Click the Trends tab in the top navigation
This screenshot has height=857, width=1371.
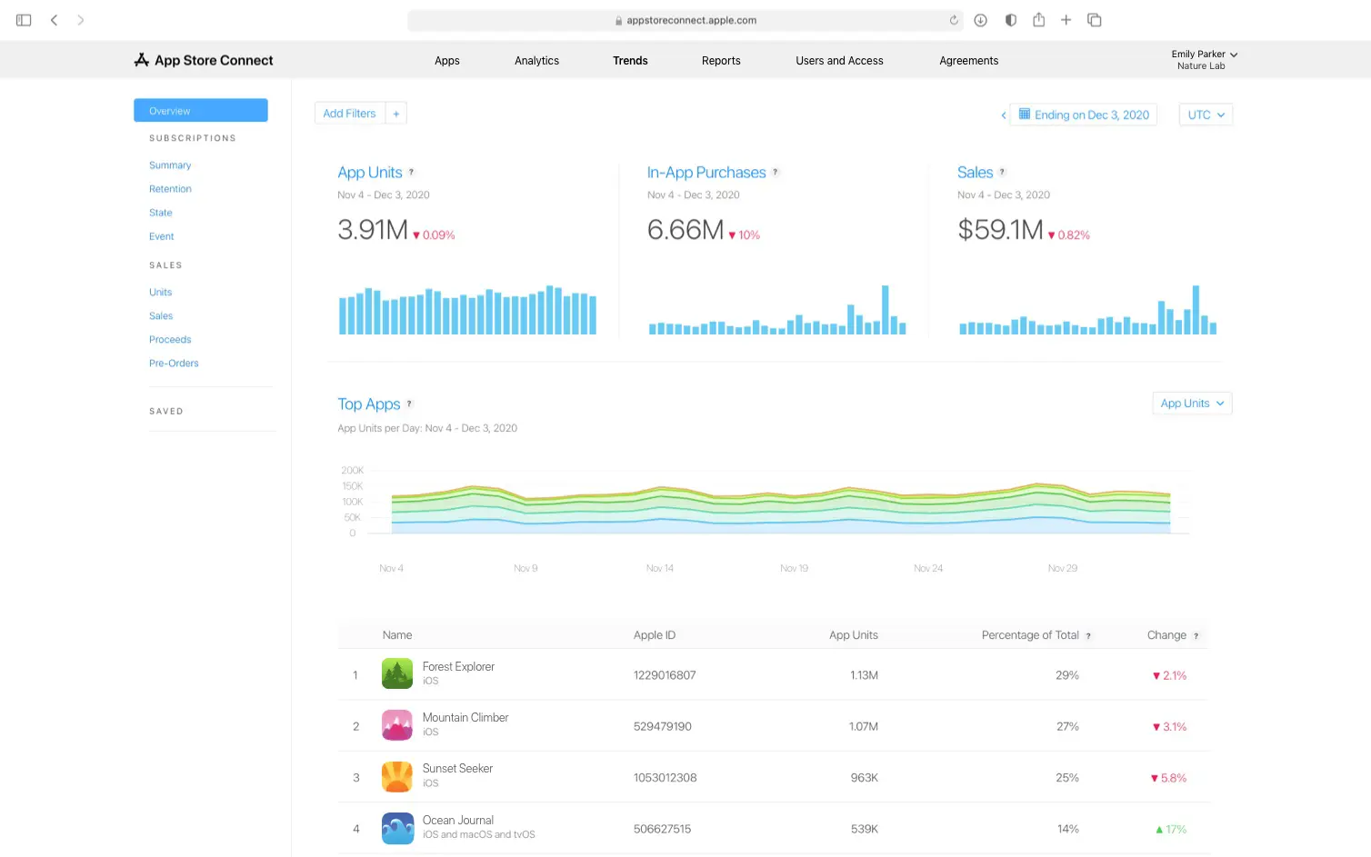pos(630,61)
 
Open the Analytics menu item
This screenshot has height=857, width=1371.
pos(536,61)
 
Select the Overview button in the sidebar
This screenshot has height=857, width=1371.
pos(200,111)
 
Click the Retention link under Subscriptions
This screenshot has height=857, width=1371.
pos(170,189)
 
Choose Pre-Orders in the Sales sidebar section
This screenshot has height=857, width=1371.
pos(174,364)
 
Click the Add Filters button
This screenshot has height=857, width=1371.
pos(349,114)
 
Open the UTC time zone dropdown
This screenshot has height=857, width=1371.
pos(1206,115)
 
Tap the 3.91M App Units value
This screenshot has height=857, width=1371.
pos(372,230)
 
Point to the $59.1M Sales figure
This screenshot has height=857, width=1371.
pos(999,230)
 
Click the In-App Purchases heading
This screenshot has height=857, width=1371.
pos(706,173)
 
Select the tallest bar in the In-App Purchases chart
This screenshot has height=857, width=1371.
pos(885,310)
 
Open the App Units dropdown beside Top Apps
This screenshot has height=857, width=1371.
pos(1192,404)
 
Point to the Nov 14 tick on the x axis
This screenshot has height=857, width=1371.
pos(660,568)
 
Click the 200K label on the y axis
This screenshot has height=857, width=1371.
pos(352,471)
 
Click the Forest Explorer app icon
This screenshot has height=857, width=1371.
pos(397,674)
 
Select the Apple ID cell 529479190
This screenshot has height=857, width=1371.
pos(662,727)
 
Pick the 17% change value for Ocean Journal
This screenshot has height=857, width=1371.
pos(1171,830)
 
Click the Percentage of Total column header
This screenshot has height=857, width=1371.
pos(1030,635)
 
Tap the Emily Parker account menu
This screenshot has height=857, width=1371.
pos(1204,60)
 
